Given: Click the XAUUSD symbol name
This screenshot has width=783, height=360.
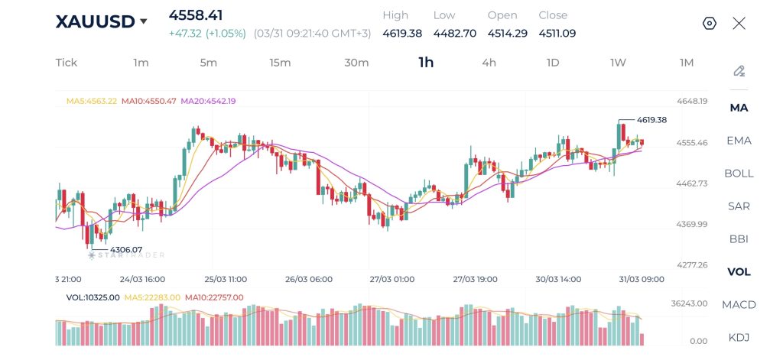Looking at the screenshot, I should coord(94,21).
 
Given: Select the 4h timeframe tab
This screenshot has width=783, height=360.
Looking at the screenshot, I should coord(489,63).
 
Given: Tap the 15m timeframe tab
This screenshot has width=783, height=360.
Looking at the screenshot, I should coord(280,63).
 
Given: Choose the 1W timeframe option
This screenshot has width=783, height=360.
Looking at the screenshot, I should coord(618,63).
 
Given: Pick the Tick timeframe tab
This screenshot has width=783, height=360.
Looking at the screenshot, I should coord(67,63).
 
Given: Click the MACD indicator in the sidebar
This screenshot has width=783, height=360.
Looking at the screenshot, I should coord(739,305).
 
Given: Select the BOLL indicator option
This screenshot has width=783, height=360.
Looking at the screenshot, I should coord(739,174).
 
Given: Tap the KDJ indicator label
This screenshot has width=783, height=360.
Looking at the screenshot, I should coord(739,338).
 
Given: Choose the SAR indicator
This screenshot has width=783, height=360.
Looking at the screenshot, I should coord(739,206).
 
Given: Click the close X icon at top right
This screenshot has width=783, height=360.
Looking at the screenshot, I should coord(739,23).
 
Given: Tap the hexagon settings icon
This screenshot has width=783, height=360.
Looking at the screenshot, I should coord(710,23).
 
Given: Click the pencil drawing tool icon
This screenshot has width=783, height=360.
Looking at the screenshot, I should coord(739,71).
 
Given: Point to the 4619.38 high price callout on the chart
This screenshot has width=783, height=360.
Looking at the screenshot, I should coord(651,120).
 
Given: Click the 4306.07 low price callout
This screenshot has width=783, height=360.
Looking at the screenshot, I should coord(126,249).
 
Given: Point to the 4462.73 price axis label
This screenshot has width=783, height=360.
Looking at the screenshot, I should coord(692,183).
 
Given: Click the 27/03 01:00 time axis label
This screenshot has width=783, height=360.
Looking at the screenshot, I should coord(391,279).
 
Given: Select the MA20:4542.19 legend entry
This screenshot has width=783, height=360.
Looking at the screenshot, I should coord(208,101).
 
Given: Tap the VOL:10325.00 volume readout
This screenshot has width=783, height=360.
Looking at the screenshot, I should coord(93,297).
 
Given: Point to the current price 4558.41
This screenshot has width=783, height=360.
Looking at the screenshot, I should coord(196,15).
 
